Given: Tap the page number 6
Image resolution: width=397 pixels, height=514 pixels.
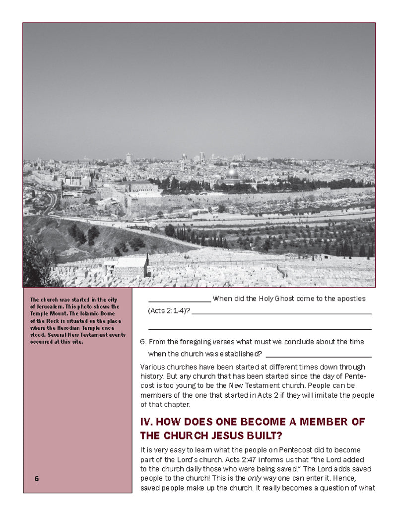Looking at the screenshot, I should [x=37, y=479].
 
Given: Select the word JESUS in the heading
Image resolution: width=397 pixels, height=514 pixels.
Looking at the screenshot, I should [x=232, y=436].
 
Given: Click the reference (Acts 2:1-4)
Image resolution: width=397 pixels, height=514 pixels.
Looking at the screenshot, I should [x=169, y=311].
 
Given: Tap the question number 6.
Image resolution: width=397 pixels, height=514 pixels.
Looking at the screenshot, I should [x=143, y=342].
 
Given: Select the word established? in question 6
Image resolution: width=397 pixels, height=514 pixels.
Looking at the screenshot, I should [x=243, y=354].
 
